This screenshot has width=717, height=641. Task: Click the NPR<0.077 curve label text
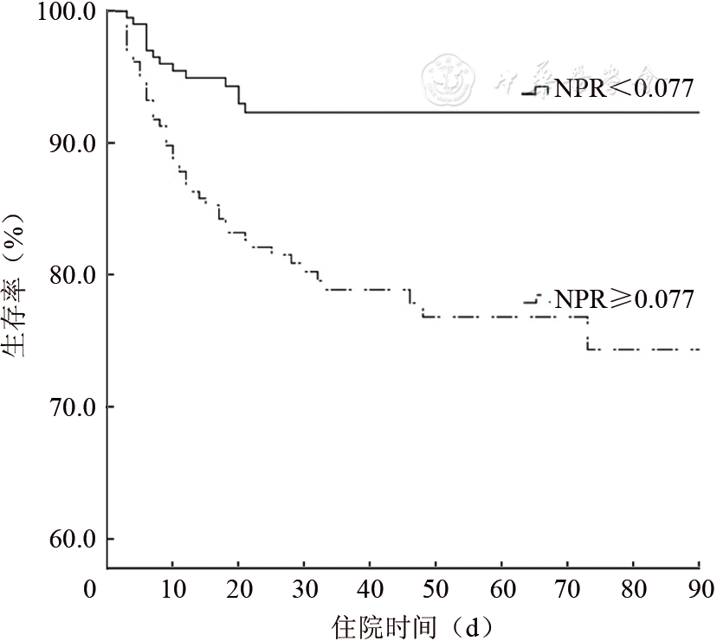point(623,88)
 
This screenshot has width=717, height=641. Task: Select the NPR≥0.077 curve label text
point(623,300)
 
